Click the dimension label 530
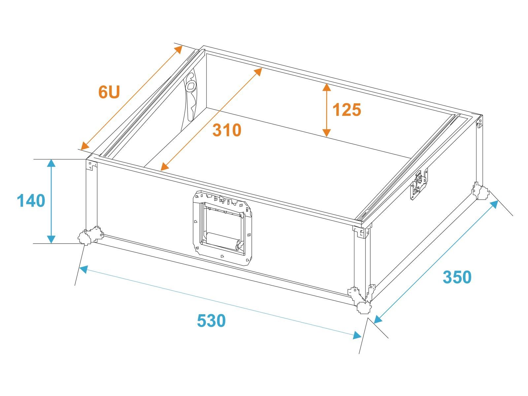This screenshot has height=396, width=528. pos(211,320)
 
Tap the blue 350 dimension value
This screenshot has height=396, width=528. pos(457,277)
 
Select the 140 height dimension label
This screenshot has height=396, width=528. pos(31,201)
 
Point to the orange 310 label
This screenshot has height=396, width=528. pos(227,130)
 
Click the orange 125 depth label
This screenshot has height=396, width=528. pos(346,110)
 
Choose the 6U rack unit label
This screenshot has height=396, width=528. pos(109,92)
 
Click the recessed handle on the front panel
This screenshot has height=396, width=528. pos(222,228)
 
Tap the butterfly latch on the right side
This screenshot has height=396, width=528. pos(419,184)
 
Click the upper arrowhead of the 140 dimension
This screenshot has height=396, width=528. pos(51,163)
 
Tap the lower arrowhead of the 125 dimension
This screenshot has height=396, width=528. pos(326,133)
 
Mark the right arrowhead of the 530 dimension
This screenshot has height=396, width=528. pos(357,335)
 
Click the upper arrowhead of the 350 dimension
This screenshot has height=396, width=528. pos(494,205)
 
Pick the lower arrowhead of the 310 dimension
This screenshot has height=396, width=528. pos(165,166)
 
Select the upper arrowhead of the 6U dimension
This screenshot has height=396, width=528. pos(178,49)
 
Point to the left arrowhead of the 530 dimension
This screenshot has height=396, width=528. pos(83,269)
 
